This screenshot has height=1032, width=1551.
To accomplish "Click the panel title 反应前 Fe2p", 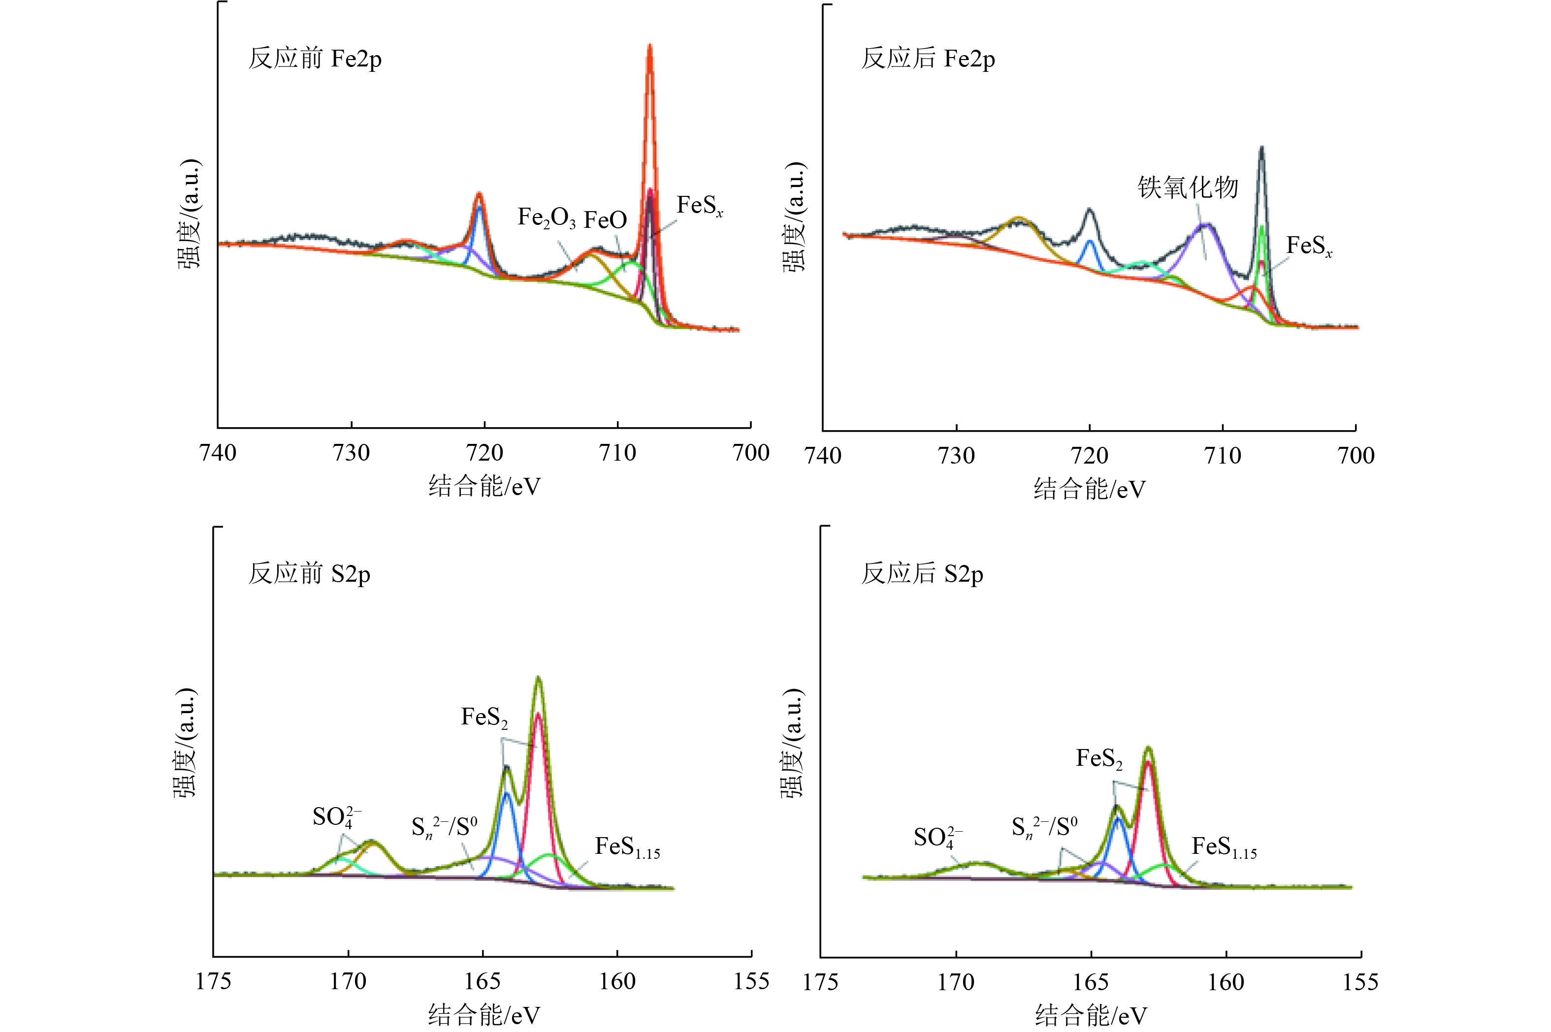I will [315, 59].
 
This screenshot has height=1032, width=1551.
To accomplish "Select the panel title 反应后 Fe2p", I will [928, 59].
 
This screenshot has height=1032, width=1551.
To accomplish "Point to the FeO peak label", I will [605, 220].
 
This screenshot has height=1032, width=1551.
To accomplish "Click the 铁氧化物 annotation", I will [1188, 188].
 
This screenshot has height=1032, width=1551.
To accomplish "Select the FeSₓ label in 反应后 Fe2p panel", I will [1309, 247].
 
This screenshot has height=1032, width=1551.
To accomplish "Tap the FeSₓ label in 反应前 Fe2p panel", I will [699, 206].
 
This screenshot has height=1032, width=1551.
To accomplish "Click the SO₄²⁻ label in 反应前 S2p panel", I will [336, 817].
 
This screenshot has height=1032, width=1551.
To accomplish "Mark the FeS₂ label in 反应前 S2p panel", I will [484, 718].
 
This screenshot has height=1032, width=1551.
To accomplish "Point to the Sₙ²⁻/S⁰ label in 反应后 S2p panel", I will [1044, 828].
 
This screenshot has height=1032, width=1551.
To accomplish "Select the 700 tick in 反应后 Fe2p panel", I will [1356, 455].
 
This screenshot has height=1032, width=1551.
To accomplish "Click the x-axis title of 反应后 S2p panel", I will [1090, 1015].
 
